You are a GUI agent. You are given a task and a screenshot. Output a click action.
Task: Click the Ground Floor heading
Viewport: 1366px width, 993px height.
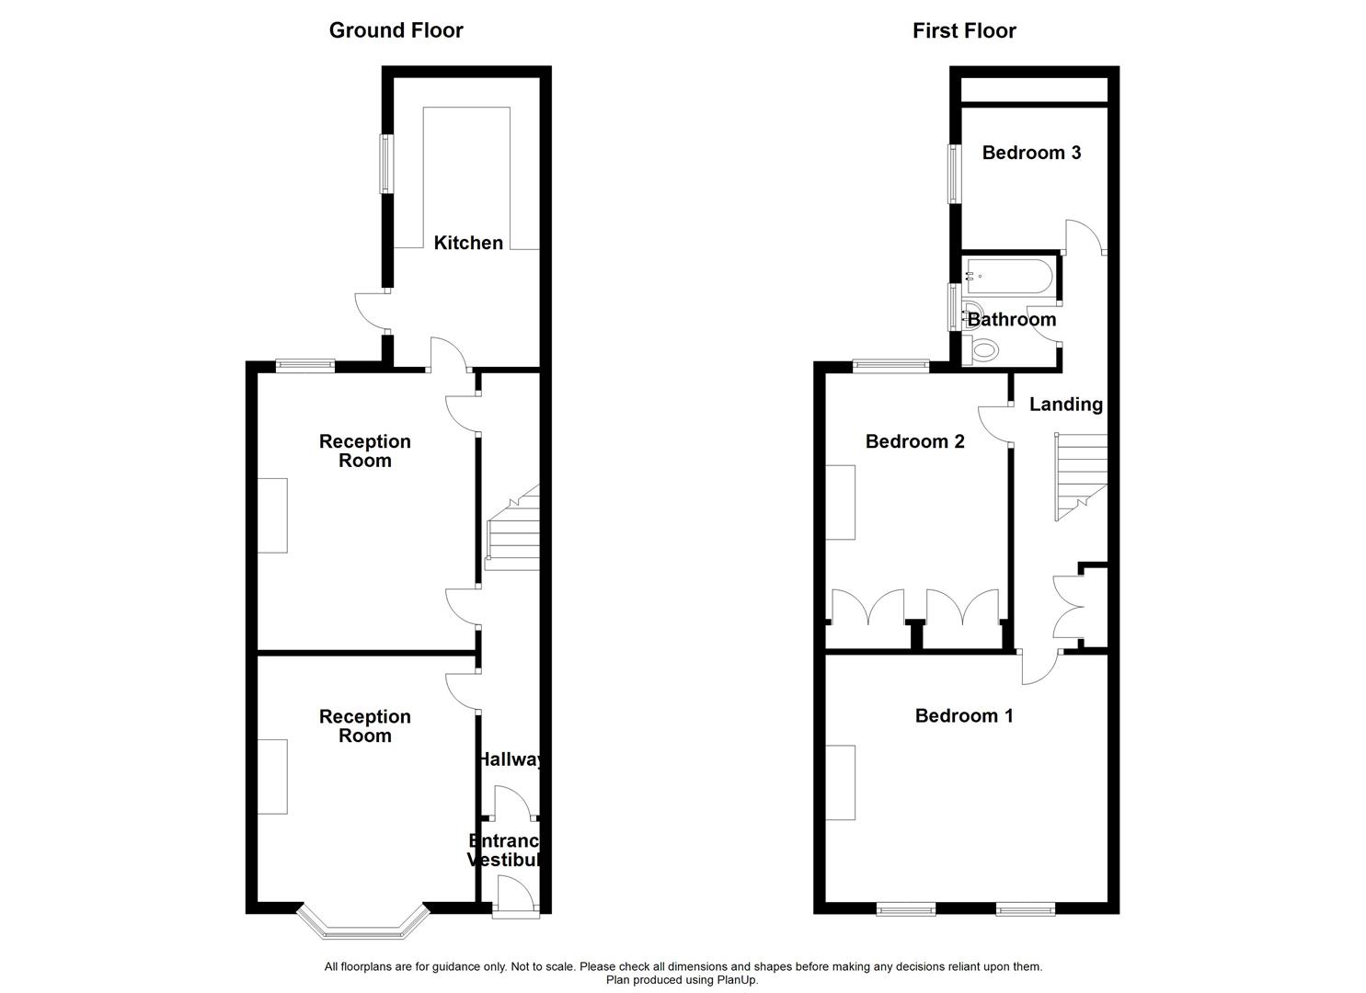point(396,30)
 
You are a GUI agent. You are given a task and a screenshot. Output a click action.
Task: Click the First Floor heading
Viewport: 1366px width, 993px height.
point(963,30)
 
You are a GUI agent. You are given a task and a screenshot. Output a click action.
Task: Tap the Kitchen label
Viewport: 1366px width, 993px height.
point(468,243)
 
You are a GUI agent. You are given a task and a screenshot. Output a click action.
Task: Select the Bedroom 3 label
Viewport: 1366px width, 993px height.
point(1031,153)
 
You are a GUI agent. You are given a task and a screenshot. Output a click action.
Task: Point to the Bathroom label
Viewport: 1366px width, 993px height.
point(1012,319)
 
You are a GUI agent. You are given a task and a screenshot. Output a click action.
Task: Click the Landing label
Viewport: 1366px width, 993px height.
point(1065,404)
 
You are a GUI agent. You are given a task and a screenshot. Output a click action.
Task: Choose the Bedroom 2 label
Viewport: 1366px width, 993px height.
point(914,441)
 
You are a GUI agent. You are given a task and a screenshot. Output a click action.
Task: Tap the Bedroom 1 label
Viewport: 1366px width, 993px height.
point(964,715)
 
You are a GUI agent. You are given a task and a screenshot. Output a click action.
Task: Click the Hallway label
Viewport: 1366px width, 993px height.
point(509,759)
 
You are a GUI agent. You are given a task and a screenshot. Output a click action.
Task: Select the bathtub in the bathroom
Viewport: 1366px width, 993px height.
point(1008,275)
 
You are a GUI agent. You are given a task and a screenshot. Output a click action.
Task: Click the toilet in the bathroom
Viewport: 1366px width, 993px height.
point(983,349)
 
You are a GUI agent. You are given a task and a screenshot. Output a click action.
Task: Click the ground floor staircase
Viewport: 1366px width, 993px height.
point(511,533)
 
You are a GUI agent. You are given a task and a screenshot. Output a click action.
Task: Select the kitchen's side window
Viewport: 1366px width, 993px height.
point(387,165)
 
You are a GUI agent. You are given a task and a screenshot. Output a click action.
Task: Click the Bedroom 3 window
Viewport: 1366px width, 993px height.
point(955,173)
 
